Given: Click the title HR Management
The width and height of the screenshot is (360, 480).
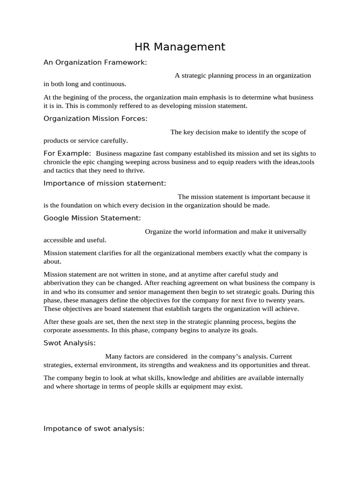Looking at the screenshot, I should click(x=180, y=47).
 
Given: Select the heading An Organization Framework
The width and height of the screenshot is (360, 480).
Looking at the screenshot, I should click(x=95, y=62).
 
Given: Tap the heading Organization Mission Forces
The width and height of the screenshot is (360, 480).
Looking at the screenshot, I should click(x=95, y=119).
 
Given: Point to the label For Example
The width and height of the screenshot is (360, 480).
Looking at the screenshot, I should click(x=67, y=153).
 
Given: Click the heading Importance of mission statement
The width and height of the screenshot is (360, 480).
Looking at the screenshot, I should click(x=105, y=183).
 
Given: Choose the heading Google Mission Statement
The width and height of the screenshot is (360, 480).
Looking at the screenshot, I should click(x=92, y=218).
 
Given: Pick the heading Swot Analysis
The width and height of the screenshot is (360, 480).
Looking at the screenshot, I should click(x=69, y=343).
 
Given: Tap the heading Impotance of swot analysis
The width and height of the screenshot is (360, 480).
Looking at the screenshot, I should click(x=94, y=428).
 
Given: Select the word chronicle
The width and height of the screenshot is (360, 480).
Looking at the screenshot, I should click(x=59, y=162).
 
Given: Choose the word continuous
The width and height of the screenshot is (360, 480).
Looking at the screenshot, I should click(x=110, y=84).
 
